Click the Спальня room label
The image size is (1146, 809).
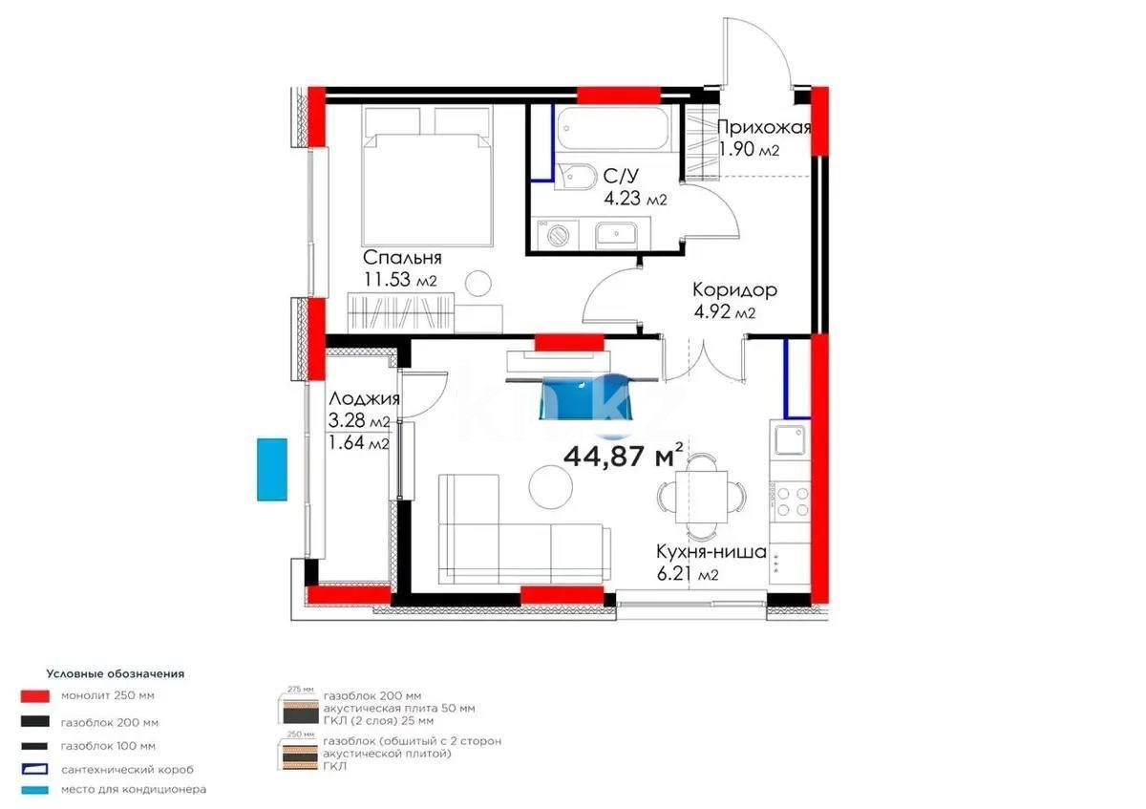point(401,258)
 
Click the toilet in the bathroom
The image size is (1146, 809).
point(574,177)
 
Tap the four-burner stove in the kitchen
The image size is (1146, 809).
point(791,506)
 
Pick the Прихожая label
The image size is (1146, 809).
point(763,128)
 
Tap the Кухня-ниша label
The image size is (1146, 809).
point(711,551)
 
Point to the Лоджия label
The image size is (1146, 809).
point(363,400)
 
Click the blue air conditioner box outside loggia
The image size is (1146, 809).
point(272,469)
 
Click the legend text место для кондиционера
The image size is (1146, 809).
point(133,789)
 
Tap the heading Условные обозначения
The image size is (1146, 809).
point(115,673)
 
